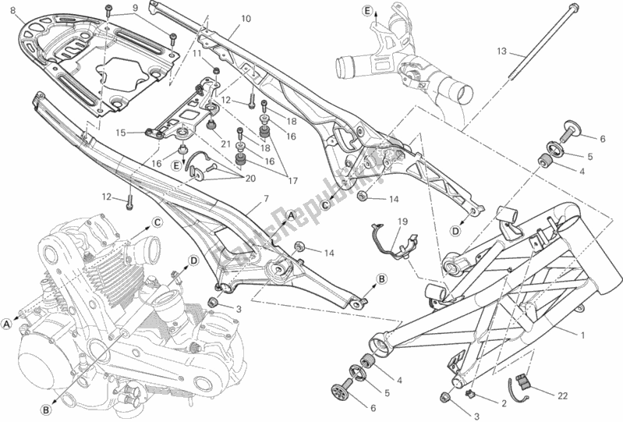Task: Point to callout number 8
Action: coord(12,9)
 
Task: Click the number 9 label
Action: coord(135,9)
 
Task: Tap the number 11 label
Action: coord(197,55)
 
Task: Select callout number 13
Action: coord(501,52)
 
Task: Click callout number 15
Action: coord(121,133)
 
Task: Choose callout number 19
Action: coord(400,222)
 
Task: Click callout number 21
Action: coord(225,143)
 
